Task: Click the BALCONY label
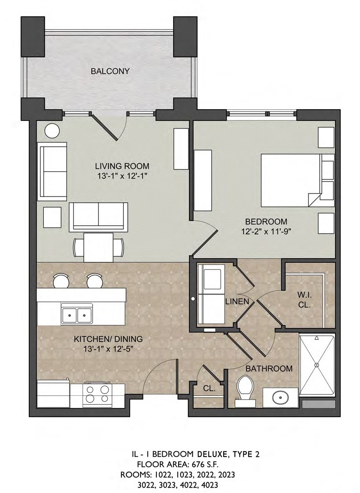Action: click(110, 71)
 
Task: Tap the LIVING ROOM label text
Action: click(122, 166)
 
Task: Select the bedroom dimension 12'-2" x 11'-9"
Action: click(266, 232)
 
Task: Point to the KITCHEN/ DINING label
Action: click(108, 339)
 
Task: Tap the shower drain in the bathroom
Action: click(317, 365)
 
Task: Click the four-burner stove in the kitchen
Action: click(98, 395)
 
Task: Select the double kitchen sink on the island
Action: click(77, 314)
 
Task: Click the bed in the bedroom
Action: click(297, 180)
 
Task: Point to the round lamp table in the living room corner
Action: click(52, 130)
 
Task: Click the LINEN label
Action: click(237, 301)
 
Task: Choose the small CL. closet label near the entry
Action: click(209, 388)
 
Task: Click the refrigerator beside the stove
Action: click(53, 394)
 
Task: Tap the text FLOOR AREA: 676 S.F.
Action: click(178, 464)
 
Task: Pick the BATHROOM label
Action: click(269, 368)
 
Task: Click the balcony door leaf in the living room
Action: click(105, 126)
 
